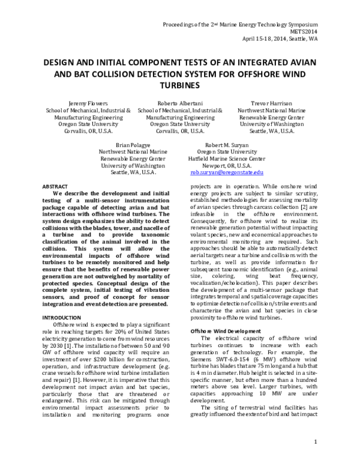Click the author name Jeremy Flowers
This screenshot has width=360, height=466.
pyautogui.click(x=86, y=103)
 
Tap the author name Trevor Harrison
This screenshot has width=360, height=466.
pyautogui.click(x=271, y=103)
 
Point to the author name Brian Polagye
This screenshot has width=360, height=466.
pyautogui.click(x=133, y=145)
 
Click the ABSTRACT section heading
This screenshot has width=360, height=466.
pyautogui.click(x=54, y=187)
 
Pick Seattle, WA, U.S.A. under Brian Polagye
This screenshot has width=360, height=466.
pyautogui.click(x=133, y=172)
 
